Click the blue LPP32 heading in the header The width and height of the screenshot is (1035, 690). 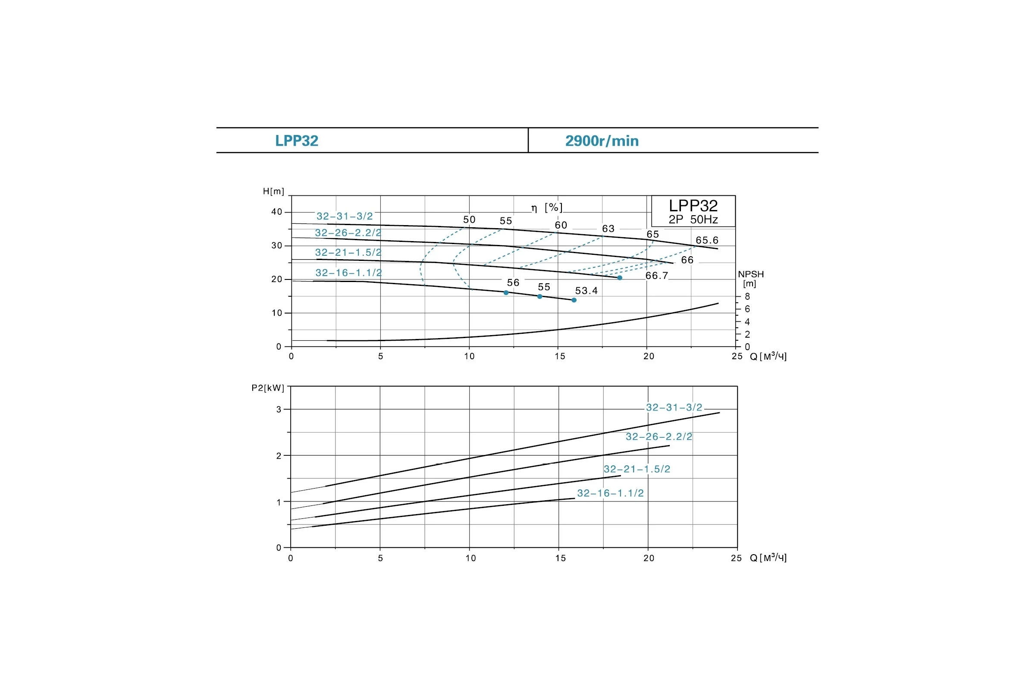point(297,141)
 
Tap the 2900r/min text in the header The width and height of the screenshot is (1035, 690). point(602,141)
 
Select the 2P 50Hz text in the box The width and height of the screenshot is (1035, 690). point(693,220)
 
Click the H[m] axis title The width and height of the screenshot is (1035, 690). point(273,191)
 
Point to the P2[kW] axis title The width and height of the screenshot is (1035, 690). point(268,388)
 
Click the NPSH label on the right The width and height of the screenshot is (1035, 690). point(751,274)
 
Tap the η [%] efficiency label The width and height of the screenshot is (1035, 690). point(546,208)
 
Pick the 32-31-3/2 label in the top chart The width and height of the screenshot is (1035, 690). point(345,216)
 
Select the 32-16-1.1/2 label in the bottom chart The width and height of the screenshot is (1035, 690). point(610,493)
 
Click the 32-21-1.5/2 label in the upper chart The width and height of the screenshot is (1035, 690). point(348,253)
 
